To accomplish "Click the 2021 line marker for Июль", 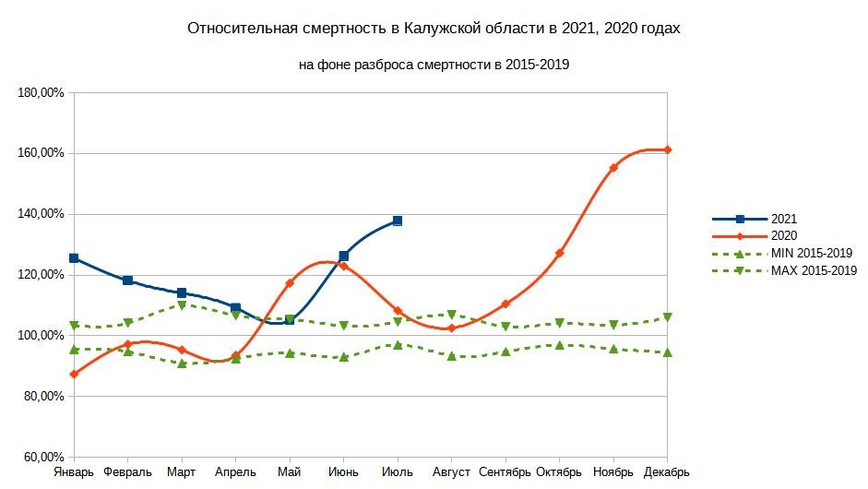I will (398, 221).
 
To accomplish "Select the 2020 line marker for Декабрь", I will (668, 149).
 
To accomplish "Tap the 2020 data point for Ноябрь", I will (613, 168).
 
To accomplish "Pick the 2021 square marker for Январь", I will (74, 258).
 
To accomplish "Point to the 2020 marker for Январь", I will (74, 374).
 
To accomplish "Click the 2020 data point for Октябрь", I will (560, 253).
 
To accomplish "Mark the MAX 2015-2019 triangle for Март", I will (182, 304).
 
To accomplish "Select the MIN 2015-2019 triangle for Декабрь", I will (668, 352).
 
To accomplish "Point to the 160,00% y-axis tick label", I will (42, 153).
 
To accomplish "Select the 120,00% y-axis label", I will (42, 275).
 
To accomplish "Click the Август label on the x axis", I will (452, 472).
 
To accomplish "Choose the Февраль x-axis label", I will (127, 472).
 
